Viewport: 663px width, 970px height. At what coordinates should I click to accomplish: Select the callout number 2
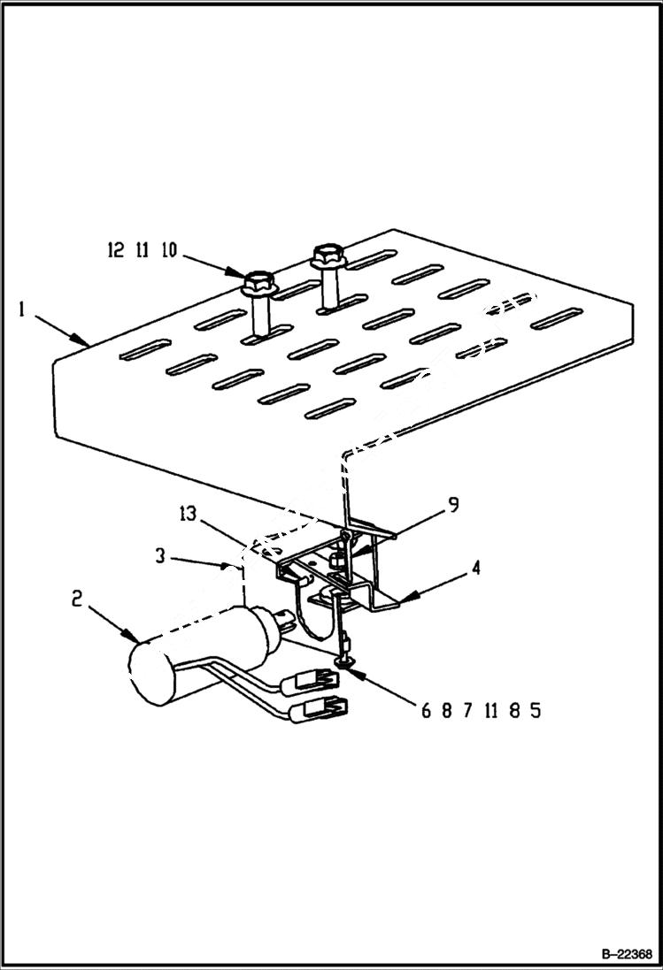pyautogui.click(x=77, y=600)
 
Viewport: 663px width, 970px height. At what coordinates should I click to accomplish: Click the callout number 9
pyautogui.click(x=452, y=506)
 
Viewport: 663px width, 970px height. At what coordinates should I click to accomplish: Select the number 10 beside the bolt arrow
pyautogui.click(x=168, y=251)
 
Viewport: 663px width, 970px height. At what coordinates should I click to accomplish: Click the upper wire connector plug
pyautogui.click(x=311, y=680)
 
